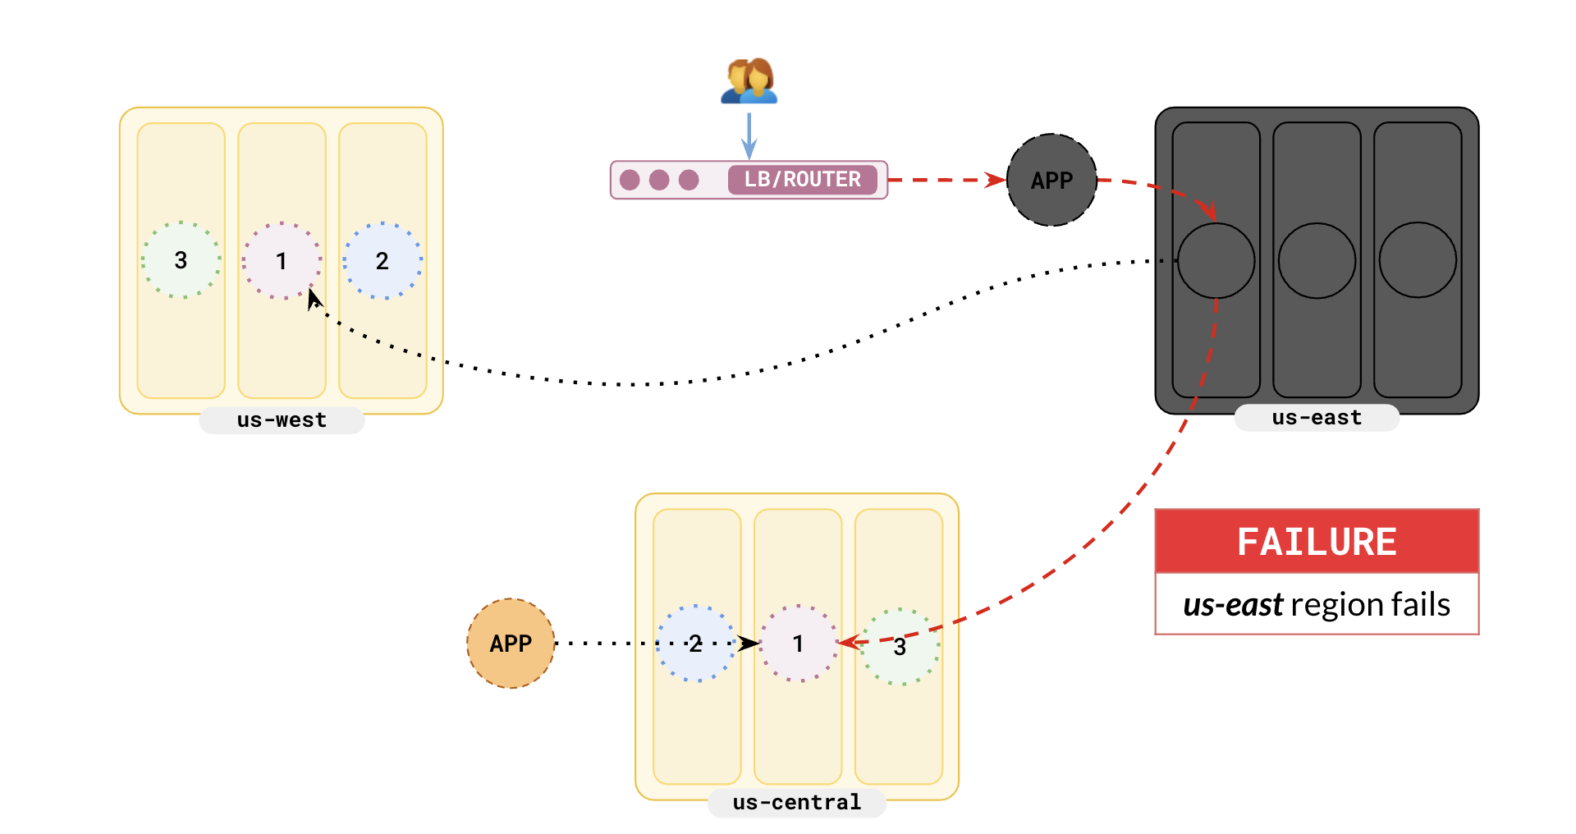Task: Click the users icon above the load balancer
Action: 749,81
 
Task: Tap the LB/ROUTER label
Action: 802,180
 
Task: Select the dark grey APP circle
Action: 1051,180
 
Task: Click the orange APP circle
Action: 511,644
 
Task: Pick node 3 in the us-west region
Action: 181,260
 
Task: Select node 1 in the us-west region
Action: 282,260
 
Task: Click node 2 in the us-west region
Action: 383,260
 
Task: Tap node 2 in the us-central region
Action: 696,644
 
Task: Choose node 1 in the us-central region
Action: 798,644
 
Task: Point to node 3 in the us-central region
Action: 900,647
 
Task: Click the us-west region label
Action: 282,420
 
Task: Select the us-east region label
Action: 1317,418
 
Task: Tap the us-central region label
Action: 796,802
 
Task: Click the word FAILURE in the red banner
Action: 1317,542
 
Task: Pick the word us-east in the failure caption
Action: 1232,605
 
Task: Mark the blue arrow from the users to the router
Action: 749,135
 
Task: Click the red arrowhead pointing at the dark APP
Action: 996,180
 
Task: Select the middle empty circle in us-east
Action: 1317,260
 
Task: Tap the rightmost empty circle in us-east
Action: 1418,260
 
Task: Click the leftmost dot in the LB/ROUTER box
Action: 630,180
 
